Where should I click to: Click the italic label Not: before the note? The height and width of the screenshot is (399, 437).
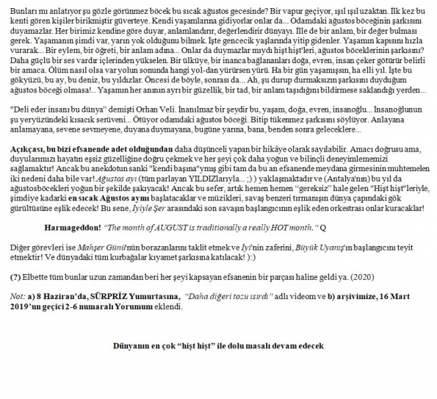pos(16,295)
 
